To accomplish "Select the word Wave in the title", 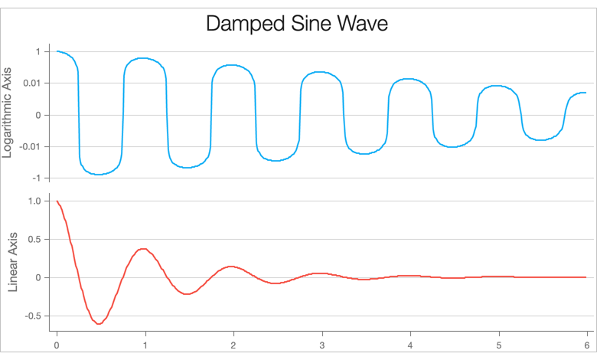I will (x=365, y=24).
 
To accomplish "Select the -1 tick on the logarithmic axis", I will (x=35, y=178).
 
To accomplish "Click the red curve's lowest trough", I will (x=99, y=324).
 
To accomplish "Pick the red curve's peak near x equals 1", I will (x=143, y=248).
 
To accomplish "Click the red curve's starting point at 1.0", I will (x=57, y=201).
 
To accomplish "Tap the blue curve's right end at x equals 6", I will (x=586, y=93).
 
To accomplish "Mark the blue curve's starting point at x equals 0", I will (x=57, y=51).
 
